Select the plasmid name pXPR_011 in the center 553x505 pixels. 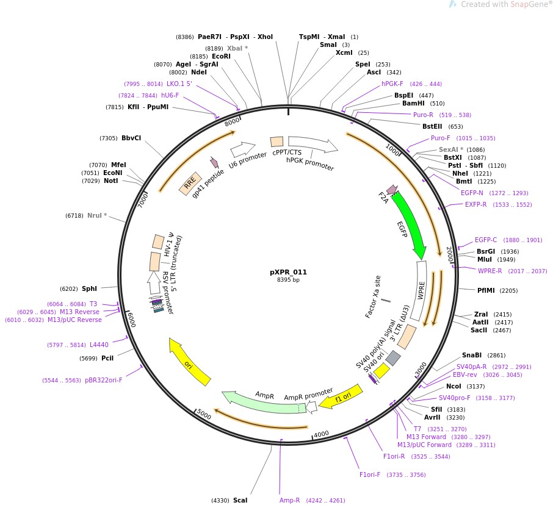[288, 272]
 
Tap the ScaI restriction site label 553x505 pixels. [240, 500]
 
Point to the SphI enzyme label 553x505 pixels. [89, 288]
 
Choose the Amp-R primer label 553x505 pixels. [290, 500]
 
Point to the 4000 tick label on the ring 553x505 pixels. [321, 434]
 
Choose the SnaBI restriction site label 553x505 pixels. [472, 355]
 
